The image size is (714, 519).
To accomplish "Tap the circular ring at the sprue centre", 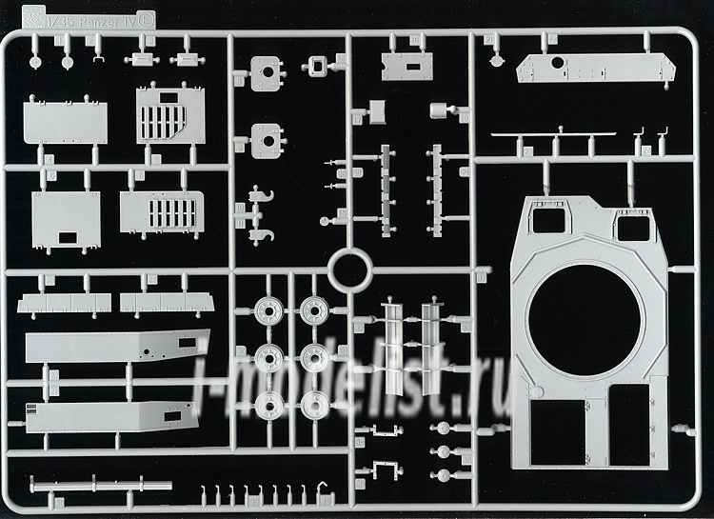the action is (348, 270).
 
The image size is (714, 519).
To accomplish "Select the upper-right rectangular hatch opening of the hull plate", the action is (633, 227).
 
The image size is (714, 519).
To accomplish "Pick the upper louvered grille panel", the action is (170, 115).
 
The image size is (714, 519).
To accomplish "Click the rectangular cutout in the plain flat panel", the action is (69, 237).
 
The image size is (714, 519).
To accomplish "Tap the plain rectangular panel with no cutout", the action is (65, 122).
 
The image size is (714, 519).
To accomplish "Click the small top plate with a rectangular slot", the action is (407, 65).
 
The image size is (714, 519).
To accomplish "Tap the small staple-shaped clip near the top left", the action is (98, 58).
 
